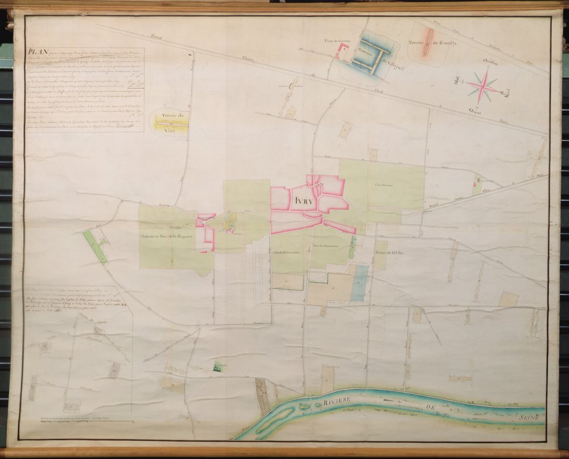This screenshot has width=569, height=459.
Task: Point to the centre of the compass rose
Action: click(x=483, y=86)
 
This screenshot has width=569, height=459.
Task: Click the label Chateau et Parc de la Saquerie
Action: click(x=168, y=236)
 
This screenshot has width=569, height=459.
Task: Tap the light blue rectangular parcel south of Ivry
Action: click(x=359, y=282)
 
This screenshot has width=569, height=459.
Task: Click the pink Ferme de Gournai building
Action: click(x=341, y=52)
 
